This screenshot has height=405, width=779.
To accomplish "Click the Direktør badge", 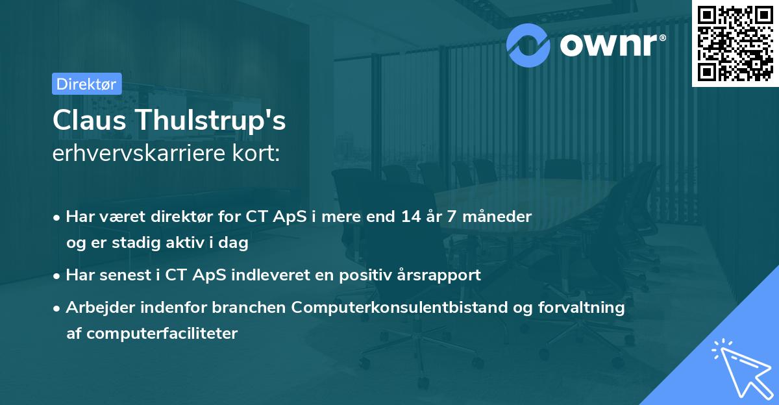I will pos(86,84).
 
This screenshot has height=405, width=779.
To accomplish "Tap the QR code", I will pos(735,43).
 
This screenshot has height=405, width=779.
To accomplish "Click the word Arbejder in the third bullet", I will pos(95,307).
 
